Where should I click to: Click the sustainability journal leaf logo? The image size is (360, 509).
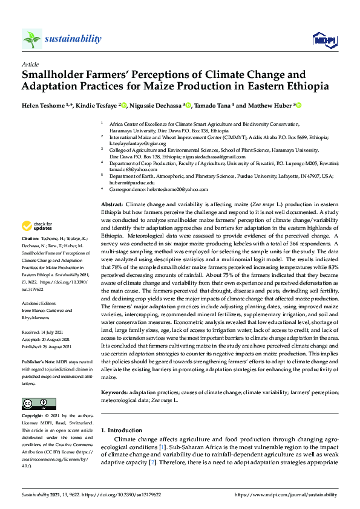32,39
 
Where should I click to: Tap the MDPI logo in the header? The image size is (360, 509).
324,40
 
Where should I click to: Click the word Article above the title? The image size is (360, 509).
30,63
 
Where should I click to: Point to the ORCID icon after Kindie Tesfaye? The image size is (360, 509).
124,105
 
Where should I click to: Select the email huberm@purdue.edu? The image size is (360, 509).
132,182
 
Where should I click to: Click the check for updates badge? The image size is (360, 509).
36,226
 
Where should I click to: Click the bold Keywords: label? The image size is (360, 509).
115,393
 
